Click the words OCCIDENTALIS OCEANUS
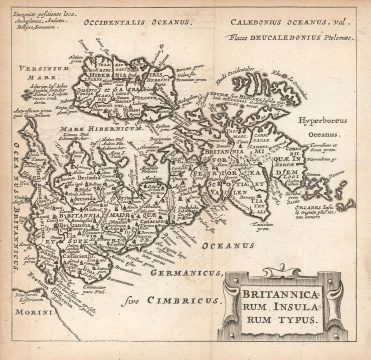pos(123,20)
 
